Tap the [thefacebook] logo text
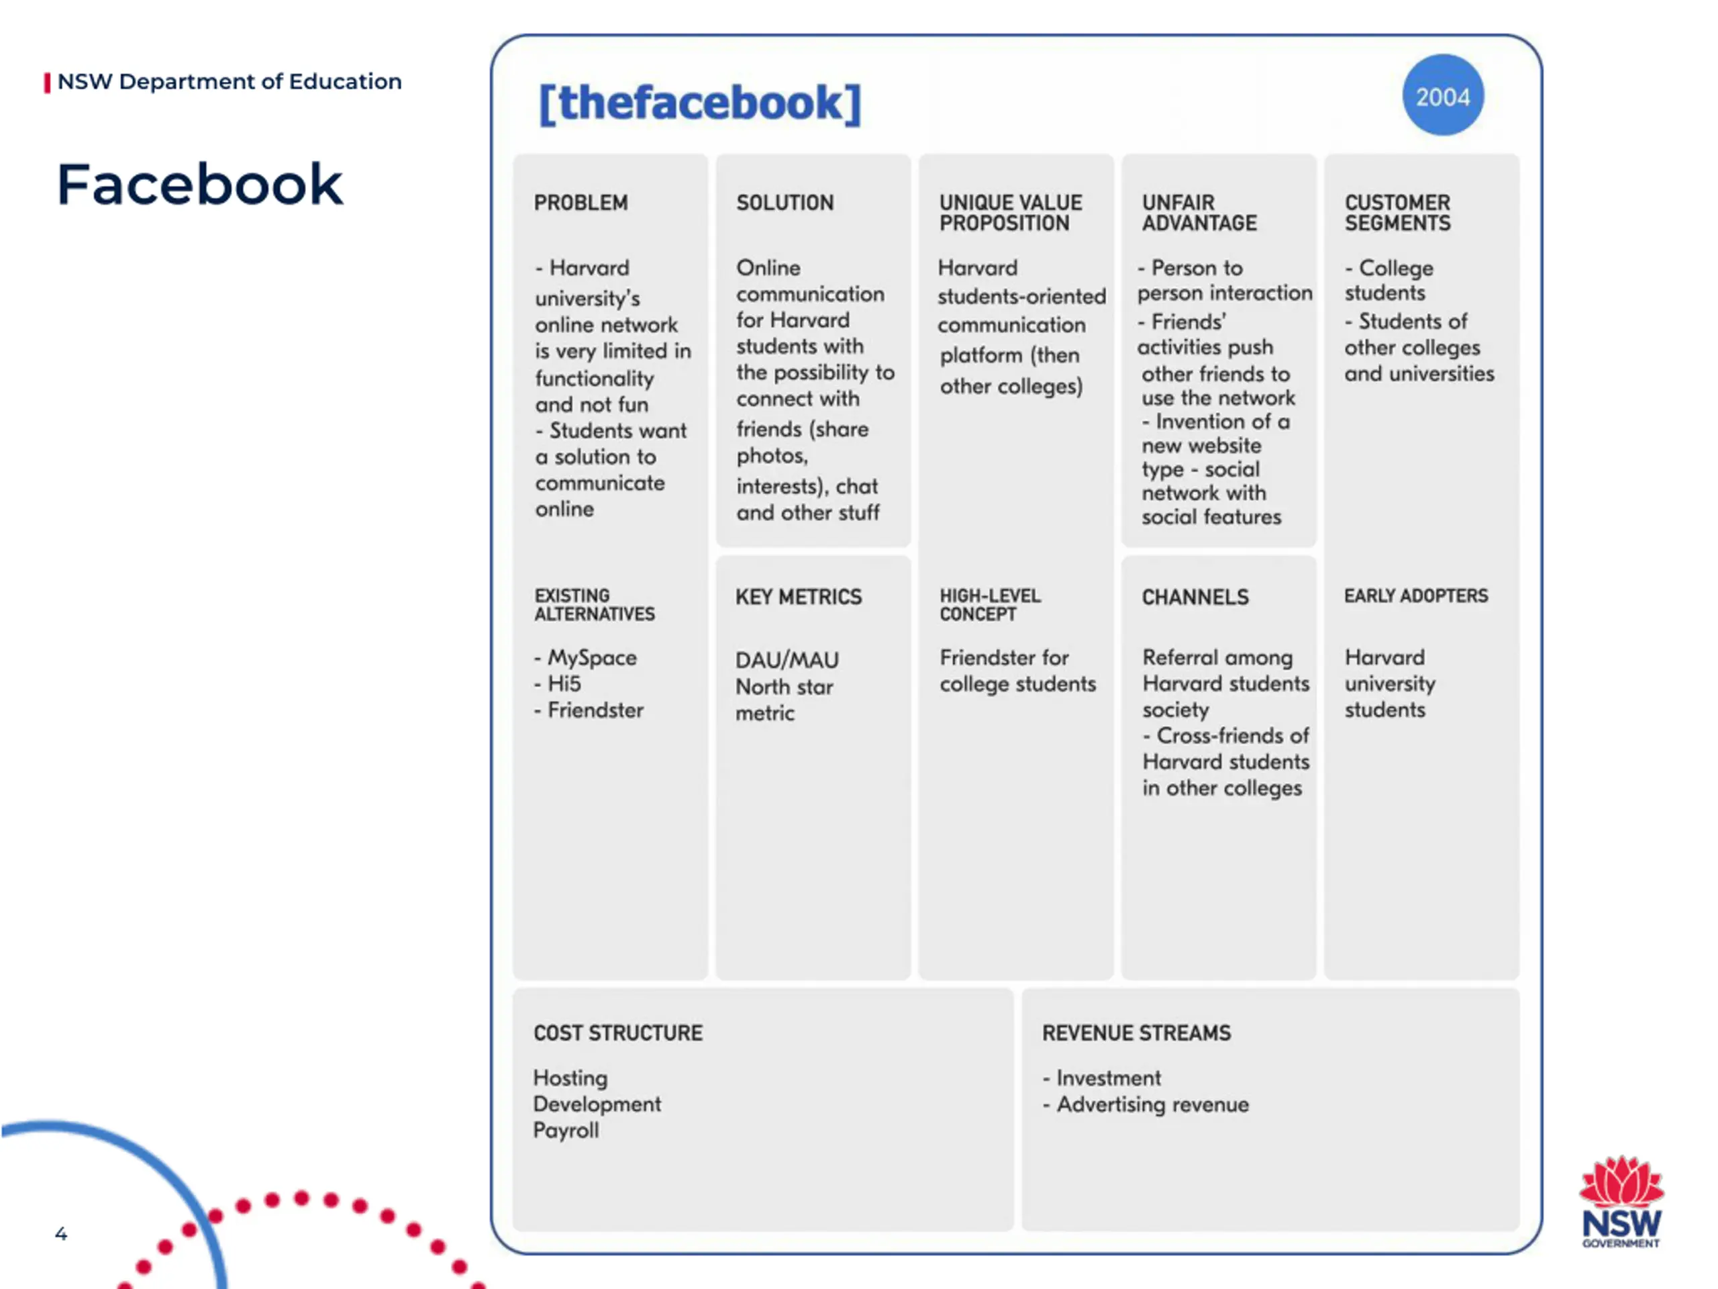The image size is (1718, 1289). [x=700, y=103]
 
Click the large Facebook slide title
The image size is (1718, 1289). [x=199, y=185]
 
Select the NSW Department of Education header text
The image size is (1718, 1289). [x=229, y=82]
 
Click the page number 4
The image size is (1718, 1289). [x=61, y=1233]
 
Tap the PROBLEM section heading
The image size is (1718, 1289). [x=580, y=203]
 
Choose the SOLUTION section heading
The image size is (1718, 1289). [x=785, y=203]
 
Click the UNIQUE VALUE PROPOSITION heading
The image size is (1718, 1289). [x=1010, y=213]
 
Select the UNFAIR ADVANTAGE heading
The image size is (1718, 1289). [x=1199, y=213]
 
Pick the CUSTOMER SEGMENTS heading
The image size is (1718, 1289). [x=1397, y=213]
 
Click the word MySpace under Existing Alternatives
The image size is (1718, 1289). [x=592, y=658]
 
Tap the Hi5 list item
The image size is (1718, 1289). [x=564, y=683]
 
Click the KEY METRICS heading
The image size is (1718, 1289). [x=799, y=597]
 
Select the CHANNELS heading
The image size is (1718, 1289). [x=1195, y=597]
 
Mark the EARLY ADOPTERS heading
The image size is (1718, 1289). [x=1416, y=596]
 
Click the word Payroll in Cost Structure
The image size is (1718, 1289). [x=566, y=1131]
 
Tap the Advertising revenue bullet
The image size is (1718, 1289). [x=1152, y=1104]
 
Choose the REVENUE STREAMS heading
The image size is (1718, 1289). [x=1136, y=1033]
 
